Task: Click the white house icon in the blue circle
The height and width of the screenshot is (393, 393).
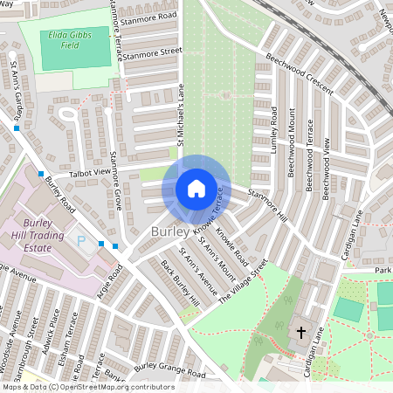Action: [196, 188]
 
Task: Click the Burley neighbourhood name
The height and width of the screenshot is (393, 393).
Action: [168, 232]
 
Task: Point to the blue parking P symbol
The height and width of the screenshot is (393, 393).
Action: [83, 240]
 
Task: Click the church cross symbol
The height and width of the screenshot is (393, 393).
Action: [300, 332]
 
